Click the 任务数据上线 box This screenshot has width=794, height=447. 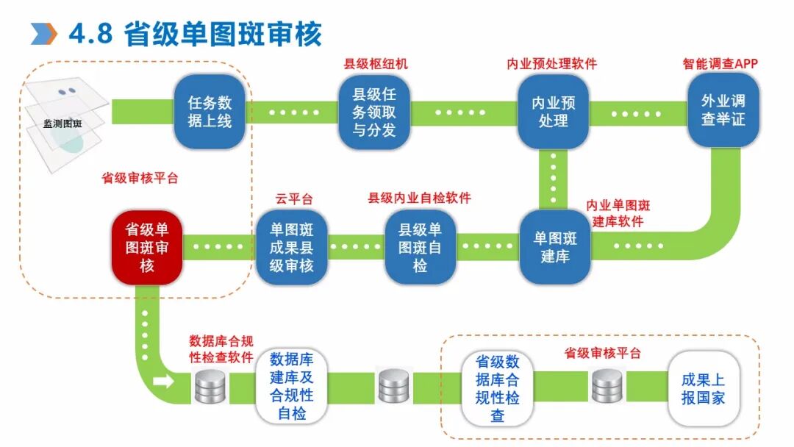coord(210,112)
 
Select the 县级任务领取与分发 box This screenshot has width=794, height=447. coord(373,112)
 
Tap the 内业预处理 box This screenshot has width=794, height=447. coord(553,112)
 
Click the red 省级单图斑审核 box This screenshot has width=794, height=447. coord(146,248)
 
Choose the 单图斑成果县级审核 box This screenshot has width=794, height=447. coord(291,248)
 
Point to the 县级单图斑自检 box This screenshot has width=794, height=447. coord(420,248)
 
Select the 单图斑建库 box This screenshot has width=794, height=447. coord(555,248)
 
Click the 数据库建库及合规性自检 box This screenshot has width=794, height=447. coord(291,387)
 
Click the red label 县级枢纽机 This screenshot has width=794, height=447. coord(376,64)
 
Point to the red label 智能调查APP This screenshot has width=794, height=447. coord(720,64)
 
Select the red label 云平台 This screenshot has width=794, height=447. coord(294,199)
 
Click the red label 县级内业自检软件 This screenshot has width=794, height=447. coord(419,198)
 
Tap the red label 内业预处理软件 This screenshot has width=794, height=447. coord(551,64)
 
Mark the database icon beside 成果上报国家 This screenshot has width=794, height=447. coord(608,386)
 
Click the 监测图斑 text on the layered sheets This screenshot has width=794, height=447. coord(62,124)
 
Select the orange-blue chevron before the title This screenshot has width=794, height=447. coord(44,33)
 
